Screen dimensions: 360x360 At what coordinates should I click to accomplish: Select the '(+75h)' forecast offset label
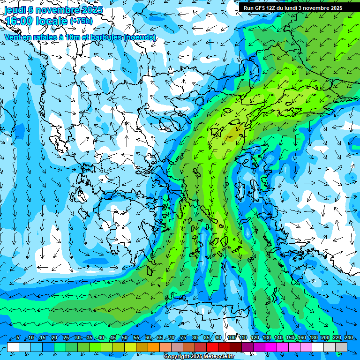click(x=81, y=21)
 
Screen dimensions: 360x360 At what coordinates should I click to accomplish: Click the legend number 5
click(x=17, y=338)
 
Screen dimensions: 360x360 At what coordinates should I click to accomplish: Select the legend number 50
click(x=125, y=338)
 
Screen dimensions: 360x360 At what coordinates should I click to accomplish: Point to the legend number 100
click(x=231, y=338)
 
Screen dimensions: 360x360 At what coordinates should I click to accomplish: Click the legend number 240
click(x=349, y=338)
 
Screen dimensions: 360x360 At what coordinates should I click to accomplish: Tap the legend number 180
click(x=313, y=338)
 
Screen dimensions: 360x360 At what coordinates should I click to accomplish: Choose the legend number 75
click(x=183, y=338)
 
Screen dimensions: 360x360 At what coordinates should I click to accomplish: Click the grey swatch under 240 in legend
click(x=341, y=347)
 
